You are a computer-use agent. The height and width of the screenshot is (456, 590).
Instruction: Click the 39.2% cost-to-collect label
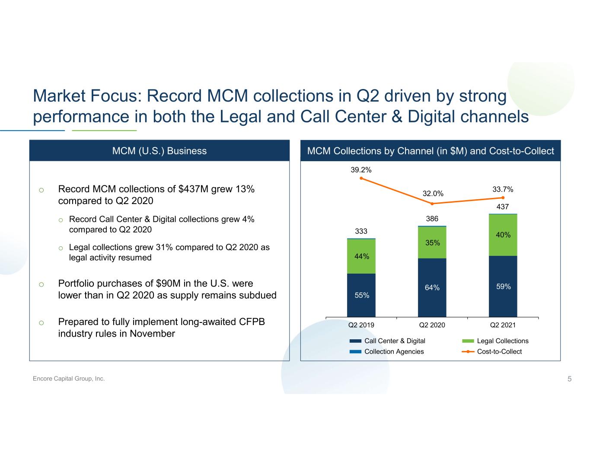tap(361, 170)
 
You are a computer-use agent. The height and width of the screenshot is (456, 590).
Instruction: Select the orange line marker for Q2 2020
tap(432, 204)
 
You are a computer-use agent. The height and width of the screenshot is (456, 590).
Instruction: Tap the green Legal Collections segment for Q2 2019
tap(361, 256)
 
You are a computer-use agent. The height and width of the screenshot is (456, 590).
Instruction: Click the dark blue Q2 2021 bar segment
tap(503, 286)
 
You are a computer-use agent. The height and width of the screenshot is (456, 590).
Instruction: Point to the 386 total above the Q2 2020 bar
tap(432, 219)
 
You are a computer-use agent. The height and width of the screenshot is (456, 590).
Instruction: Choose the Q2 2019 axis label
tap(361, 325)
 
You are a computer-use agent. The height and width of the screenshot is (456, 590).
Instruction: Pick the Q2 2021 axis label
tap(503, 325)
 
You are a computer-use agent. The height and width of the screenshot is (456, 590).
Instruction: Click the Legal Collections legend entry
tap(502, 341)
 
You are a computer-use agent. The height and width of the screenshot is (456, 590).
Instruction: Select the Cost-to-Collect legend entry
tap(499, 351)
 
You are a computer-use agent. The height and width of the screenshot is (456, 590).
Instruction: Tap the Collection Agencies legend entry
tap(393, 351)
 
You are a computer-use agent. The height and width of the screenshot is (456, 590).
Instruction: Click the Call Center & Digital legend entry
tap(394, 341)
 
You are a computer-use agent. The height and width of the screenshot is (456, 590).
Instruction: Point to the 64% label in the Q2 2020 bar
tap(432, 287)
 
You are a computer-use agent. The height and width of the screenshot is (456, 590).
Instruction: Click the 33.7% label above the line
tap(503, 189)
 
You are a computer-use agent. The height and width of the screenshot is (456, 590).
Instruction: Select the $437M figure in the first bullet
tap(192, 189)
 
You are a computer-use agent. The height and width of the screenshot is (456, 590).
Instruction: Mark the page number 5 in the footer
tap(569, 379)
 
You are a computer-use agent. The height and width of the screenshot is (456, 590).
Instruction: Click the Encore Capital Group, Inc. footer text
tap(69, 379)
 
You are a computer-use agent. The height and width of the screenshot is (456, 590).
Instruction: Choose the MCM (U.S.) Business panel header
tap(159, 151)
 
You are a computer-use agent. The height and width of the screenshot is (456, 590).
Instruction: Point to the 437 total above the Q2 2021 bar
tap(502, 207)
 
